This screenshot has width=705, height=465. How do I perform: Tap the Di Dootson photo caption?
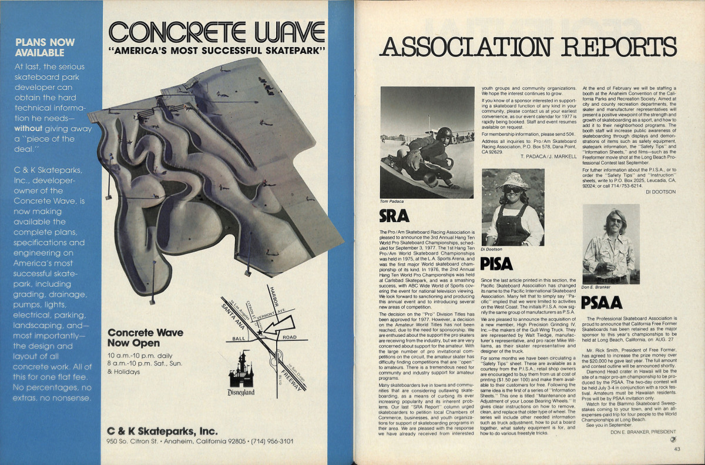[x=492, y=249]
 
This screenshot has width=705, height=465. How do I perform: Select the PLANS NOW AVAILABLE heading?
[x=45, y=47]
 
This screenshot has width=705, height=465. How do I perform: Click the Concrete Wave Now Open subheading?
[x=145, y=337]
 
